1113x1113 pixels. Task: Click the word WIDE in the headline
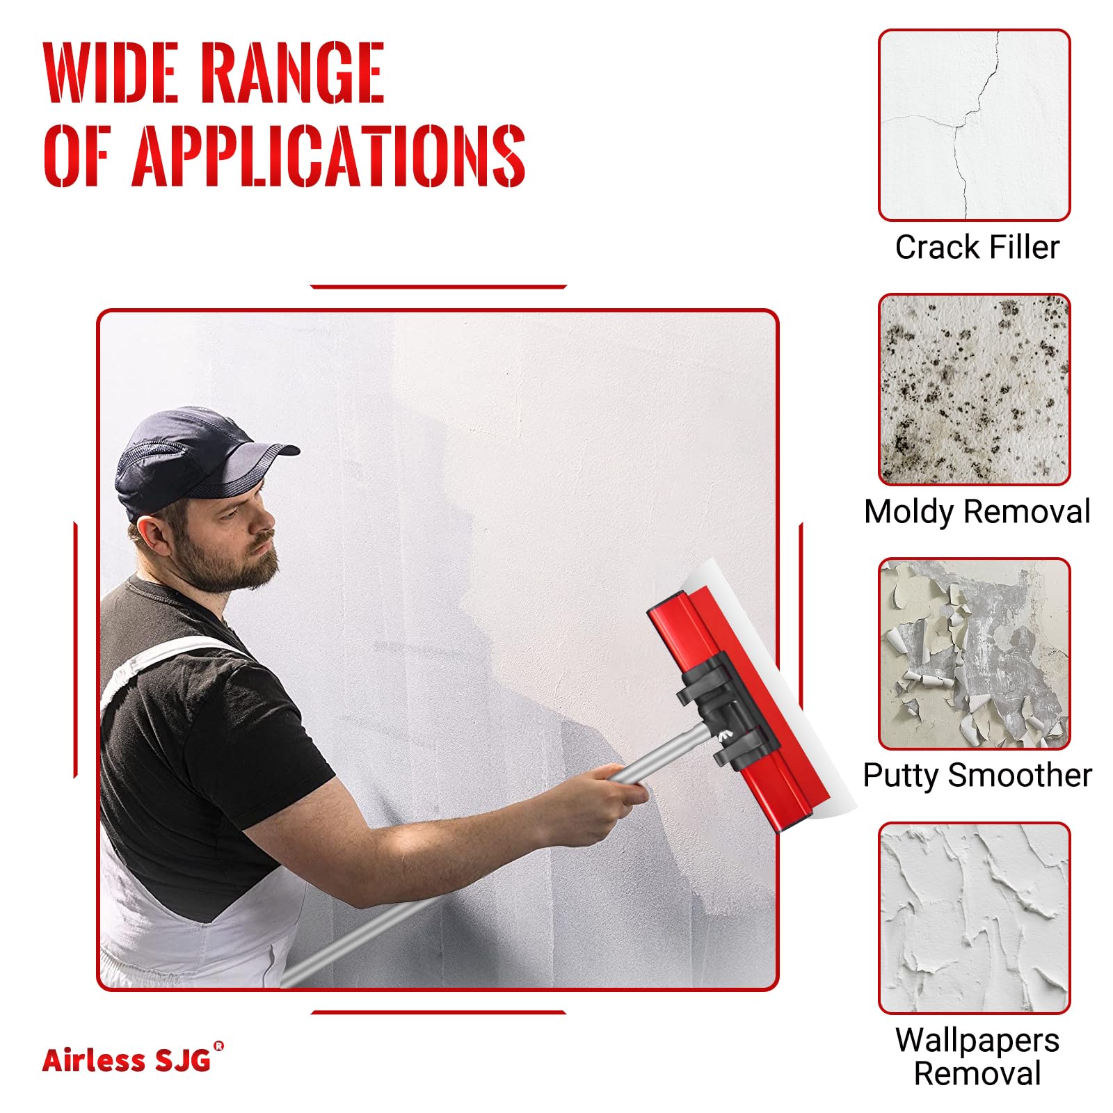(x=112, y=72)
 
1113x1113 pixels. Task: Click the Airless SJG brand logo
(x=133, y=1058)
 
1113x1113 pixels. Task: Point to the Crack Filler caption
(x=977, y=247)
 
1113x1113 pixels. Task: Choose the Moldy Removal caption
(x=977, y=512)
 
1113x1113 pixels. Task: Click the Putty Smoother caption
(x=977, y=775)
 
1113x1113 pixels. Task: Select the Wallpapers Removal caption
(x=977, y=1056)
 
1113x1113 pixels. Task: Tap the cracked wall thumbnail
(x=974, y=125)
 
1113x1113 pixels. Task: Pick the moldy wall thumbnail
(x=974, y=390)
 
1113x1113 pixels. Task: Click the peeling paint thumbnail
(x=974, y=654)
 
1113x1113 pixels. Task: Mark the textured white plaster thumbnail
(x=974, y=918)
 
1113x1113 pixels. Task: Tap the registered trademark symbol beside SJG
(x=219, y=1046)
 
